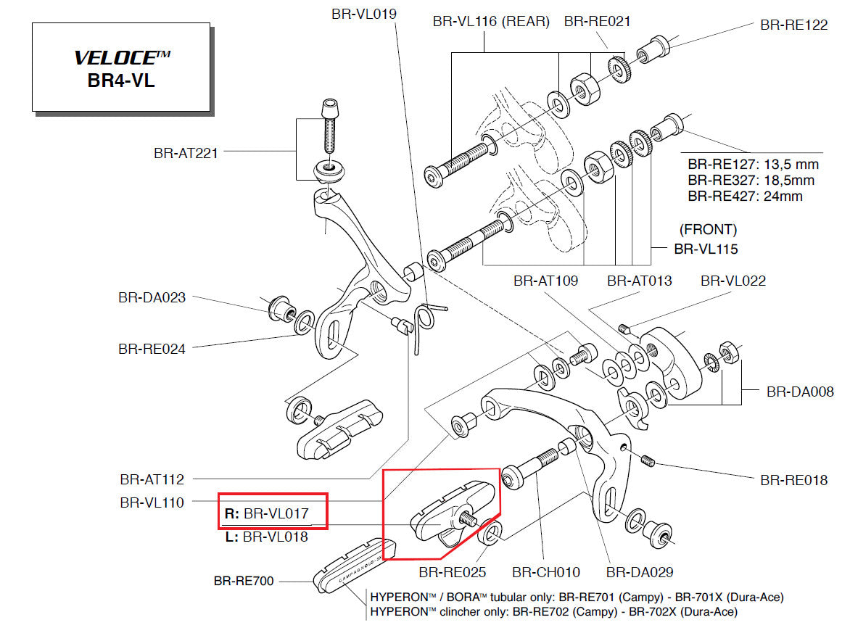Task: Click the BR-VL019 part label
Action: [x=363, y=14]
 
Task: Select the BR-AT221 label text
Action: [x=185, y=153]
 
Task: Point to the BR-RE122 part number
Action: [x=793, y=24]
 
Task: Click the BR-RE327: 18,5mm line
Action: [x=751, y=181]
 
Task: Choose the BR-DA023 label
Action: [x=151, y=297]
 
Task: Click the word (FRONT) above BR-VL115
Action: [x=708, y=230]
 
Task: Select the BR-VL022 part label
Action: [x=733, y=281]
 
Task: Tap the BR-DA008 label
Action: [x=800, y=392]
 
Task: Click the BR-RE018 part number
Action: [x=793, y=480]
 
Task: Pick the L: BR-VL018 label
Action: [x=266, y=537]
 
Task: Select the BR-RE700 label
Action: [x=244, y=581]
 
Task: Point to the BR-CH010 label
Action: [x=545, y=572]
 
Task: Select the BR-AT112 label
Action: [x=152, y=479]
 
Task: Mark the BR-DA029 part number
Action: [x=640, y=572]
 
